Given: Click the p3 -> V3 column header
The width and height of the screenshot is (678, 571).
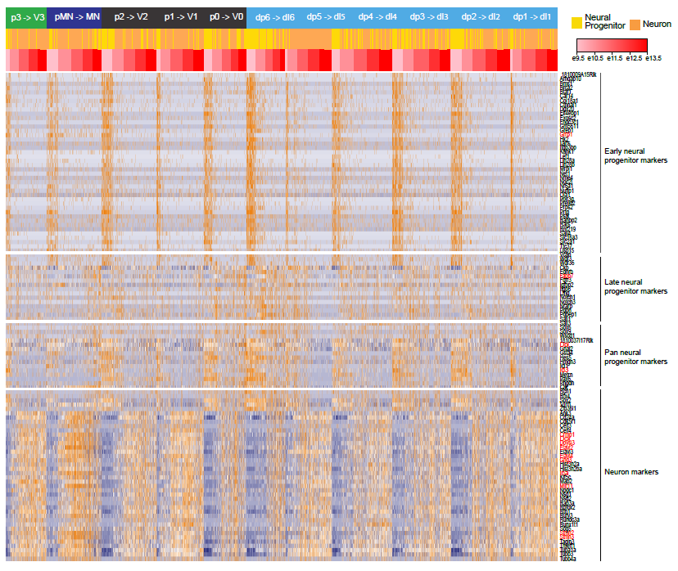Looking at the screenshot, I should tap(27, 17).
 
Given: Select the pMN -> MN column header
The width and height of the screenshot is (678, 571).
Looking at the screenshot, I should tap(77, 17).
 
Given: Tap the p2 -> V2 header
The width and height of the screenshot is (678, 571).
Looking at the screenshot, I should tap(131, 17).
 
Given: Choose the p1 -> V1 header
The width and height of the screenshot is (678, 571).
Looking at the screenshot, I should tap(180, 17).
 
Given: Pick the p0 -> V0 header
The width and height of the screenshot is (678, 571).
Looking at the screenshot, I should tap(225, 17).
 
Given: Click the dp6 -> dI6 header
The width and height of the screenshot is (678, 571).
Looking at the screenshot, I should tap(274, 17).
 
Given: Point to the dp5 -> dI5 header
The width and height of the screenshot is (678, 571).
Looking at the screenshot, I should tap(326, 17).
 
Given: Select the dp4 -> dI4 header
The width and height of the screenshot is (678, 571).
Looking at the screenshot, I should tap(377, 17).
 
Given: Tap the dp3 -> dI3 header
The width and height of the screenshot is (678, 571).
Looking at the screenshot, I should tap(428, 17).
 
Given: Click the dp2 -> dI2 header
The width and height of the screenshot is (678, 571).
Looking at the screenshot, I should tap(481, 17).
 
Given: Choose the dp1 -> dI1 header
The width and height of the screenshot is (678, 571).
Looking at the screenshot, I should tap(531, 17).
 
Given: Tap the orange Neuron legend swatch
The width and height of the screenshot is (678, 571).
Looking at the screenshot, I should tap(635, 24).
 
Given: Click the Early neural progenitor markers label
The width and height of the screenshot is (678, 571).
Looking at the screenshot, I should tap(635, 155).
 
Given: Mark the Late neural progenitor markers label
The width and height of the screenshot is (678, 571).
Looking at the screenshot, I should tap(635, 286).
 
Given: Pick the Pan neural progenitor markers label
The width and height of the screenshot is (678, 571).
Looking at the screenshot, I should tap(635, 356).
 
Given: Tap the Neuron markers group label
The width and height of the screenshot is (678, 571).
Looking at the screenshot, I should tap(631, 472).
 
